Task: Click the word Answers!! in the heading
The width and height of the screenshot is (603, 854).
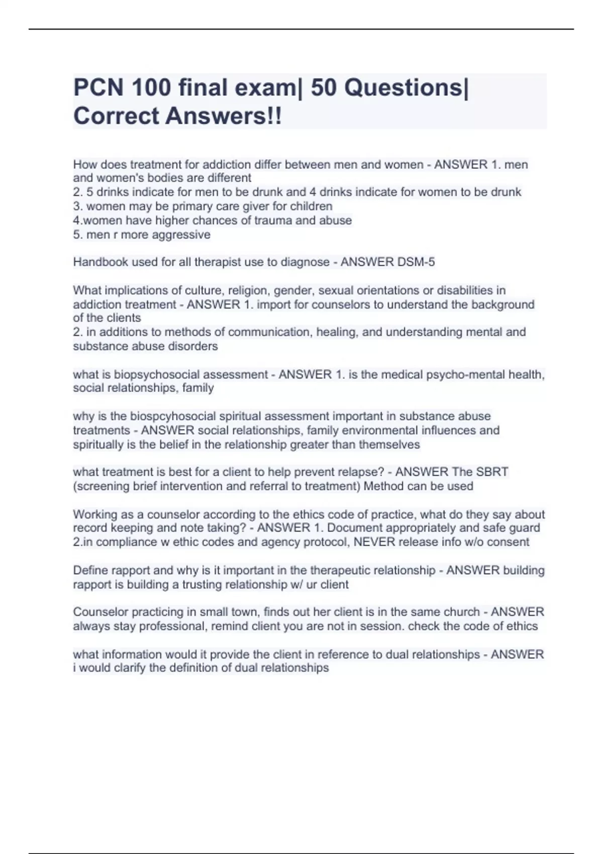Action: click(224, 116)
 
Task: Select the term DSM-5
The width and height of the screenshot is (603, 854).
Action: click(416, 262)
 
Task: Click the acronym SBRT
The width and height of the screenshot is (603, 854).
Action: click(492, 472)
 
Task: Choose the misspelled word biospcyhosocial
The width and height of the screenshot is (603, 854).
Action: click(168, 416)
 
